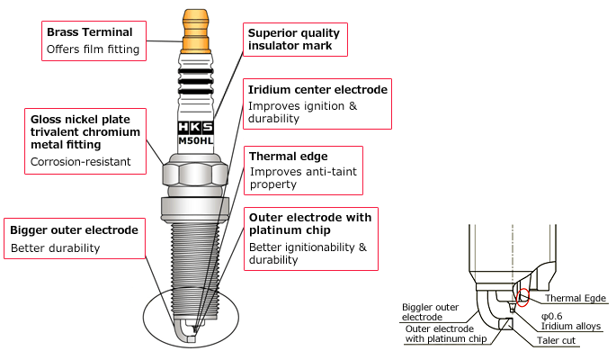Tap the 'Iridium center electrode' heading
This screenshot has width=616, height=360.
pyautogui.click(x=317, y=90)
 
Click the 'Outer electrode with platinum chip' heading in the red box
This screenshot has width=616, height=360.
pyautogui.click(x=310, y=224)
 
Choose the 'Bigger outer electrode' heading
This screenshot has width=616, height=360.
pyautogui.click(x=74, y=230)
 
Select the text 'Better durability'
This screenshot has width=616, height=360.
pyautogui.click(x=55, y=247)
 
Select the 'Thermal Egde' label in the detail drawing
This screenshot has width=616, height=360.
pyautogui.click(x=575, y=298)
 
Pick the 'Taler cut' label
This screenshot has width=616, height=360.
pyautogui.click(x=555, y=341)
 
